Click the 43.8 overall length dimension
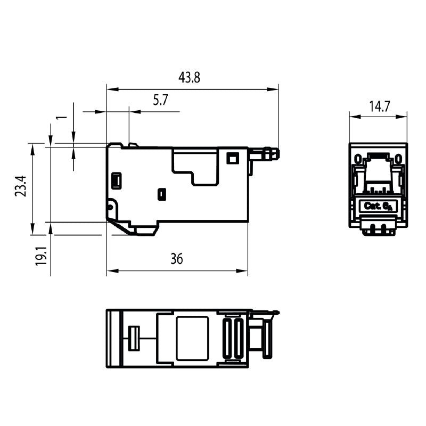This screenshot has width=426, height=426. (x=189, y=78)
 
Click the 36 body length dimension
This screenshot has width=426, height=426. (x=176, y=259)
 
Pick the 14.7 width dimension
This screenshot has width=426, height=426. (x=380, y=106)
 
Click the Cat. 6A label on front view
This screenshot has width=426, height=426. (x=378, y=206)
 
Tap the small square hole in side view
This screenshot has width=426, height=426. (x=232, y=158)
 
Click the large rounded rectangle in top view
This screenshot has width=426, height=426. (x=192, y=338)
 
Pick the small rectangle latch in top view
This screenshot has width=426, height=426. (x=134, y=338)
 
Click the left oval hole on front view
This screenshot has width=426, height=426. (x=358, y=159)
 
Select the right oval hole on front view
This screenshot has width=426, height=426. (x=398, y=159)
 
